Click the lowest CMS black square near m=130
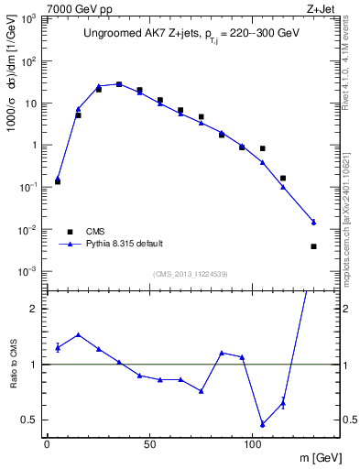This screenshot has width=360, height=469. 313,246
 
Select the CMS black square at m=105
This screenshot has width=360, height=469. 263,148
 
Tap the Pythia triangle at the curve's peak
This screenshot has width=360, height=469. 119,84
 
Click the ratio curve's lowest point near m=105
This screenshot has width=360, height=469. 263,424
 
